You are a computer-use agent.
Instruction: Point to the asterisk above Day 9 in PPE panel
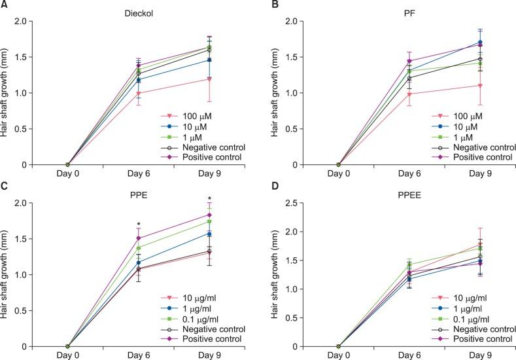209,200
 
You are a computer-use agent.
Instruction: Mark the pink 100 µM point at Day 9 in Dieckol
209,79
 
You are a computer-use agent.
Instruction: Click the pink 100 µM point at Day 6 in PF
409,94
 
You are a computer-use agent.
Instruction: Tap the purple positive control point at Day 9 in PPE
209,215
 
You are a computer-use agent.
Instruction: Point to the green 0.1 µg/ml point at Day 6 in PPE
139,248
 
